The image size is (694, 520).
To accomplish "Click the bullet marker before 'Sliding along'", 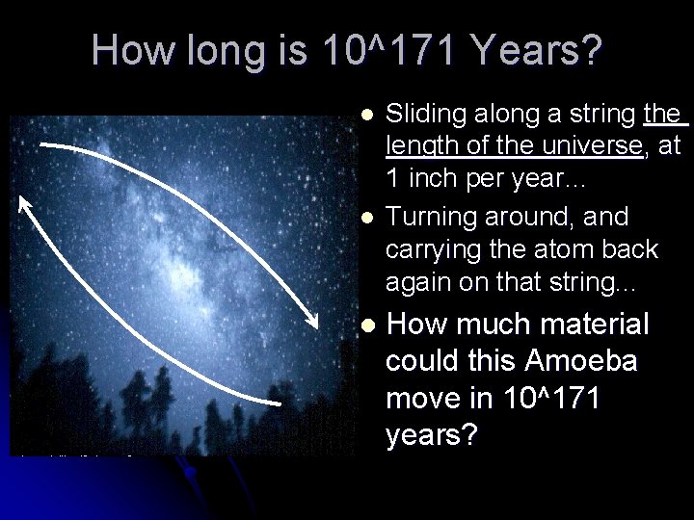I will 363,117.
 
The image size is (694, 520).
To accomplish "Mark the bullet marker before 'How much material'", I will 363,324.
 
